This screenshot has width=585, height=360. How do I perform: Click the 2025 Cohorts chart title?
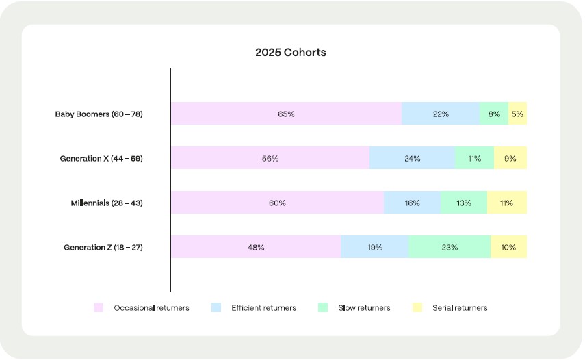291,53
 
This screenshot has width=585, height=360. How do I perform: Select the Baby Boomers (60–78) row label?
99,114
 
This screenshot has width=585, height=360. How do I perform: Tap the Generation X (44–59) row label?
101,159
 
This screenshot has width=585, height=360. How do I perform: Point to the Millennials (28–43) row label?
106,203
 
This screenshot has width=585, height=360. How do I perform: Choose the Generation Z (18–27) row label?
103,248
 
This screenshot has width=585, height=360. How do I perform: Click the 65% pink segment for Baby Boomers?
286,114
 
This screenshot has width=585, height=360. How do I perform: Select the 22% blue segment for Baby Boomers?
441,114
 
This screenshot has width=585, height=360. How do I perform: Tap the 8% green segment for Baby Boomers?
494,114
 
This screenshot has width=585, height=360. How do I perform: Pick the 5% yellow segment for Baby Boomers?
517,114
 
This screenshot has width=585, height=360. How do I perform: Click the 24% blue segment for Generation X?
412,159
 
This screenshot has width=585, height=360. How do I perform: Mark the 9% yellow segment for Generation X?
510,159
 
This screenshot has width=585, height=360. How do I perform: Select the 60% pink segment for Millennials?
277,203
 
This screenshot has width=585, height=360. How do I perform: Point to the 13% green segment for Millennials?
464,203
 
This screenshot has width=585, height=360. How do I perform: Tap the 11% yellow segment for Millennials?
507,203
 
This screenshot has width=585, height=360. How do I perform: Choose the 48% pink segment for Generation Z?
256,248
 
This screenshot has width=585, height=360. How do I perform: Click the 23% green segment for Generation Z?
450,248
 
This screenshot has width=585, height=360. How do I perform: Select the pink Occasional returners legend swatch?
98,308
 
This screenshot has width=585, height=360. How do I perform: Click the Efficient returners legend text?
263,308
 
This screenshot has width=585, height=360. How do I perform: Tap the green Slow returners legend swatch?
324,308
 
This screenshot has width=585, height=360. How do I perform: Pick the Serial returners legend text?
460,308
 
